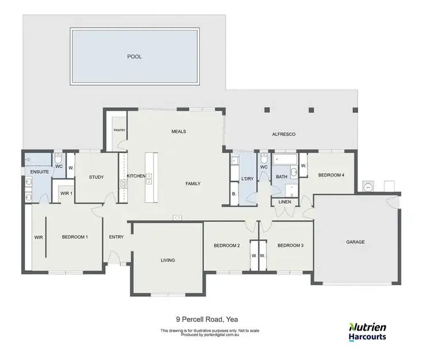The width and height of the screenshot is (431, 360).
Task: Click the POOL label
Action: click(x=134, y=56)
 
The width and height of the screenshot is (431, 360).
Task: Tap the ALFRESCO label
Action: click(x=283, y=134)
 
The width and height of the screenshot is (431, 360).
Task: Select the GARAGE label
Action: click(x=355, y=242)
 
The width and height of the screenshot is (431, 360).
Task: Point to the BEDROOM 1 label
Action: click(x=75, y=237)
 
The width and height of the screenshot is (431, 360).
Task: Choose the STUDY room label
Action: click(x=96, y=177)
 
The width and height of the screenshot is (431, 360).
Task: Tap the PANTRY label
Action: click(x=119, y=130)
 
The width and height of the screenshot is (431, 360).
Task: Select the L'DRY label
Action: click(x=248, y=179)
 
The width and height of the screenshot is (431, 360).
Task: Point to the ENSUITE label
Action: click(x=32, y=171)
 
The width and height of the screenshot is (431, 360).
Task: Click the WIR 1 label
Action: click(x=67, y=193)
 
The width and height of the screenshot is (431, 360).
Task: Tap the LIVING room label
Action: click(x=167, y=261)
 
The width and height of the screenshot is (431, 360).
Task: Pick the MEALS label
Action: click(x=179, y=132)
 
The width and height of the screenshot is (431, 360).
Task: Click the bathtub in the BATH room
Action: click(x=284, y=159)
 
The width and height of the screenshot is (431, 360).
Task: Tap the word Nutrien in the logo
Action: click(x=368, y=326)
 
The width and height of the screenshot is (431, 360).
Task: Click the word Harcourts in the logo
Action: click(x=368, y=337)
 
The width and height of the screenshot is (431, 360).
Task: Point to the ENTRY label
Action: click(x=116, y=237)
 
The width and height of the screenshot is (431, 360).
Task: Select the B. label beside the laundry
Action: click(x=234, y=194)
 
